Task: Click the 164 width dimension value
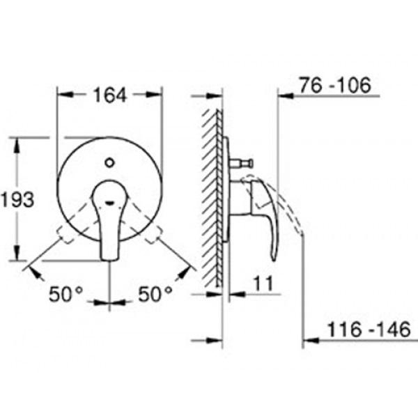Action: [x=109, y=95]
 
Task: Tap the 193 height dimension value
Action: [x=17, y=199]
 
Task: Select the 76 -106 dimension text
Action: [x=335, y=85]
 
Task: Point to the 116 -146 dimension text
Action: [x=369, y=330]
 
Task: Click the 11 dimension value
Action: [x=263, y=284]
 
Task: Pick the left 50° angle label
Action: [x=65, y=294]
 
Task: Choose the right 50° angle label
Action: [x=155, y=294]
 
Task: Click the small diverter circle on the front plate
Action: [x=109, y=162]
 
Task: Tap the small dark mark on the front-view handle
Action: [x=110, y=203]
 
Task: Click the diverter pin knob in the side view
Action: [x=250, y=163]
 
